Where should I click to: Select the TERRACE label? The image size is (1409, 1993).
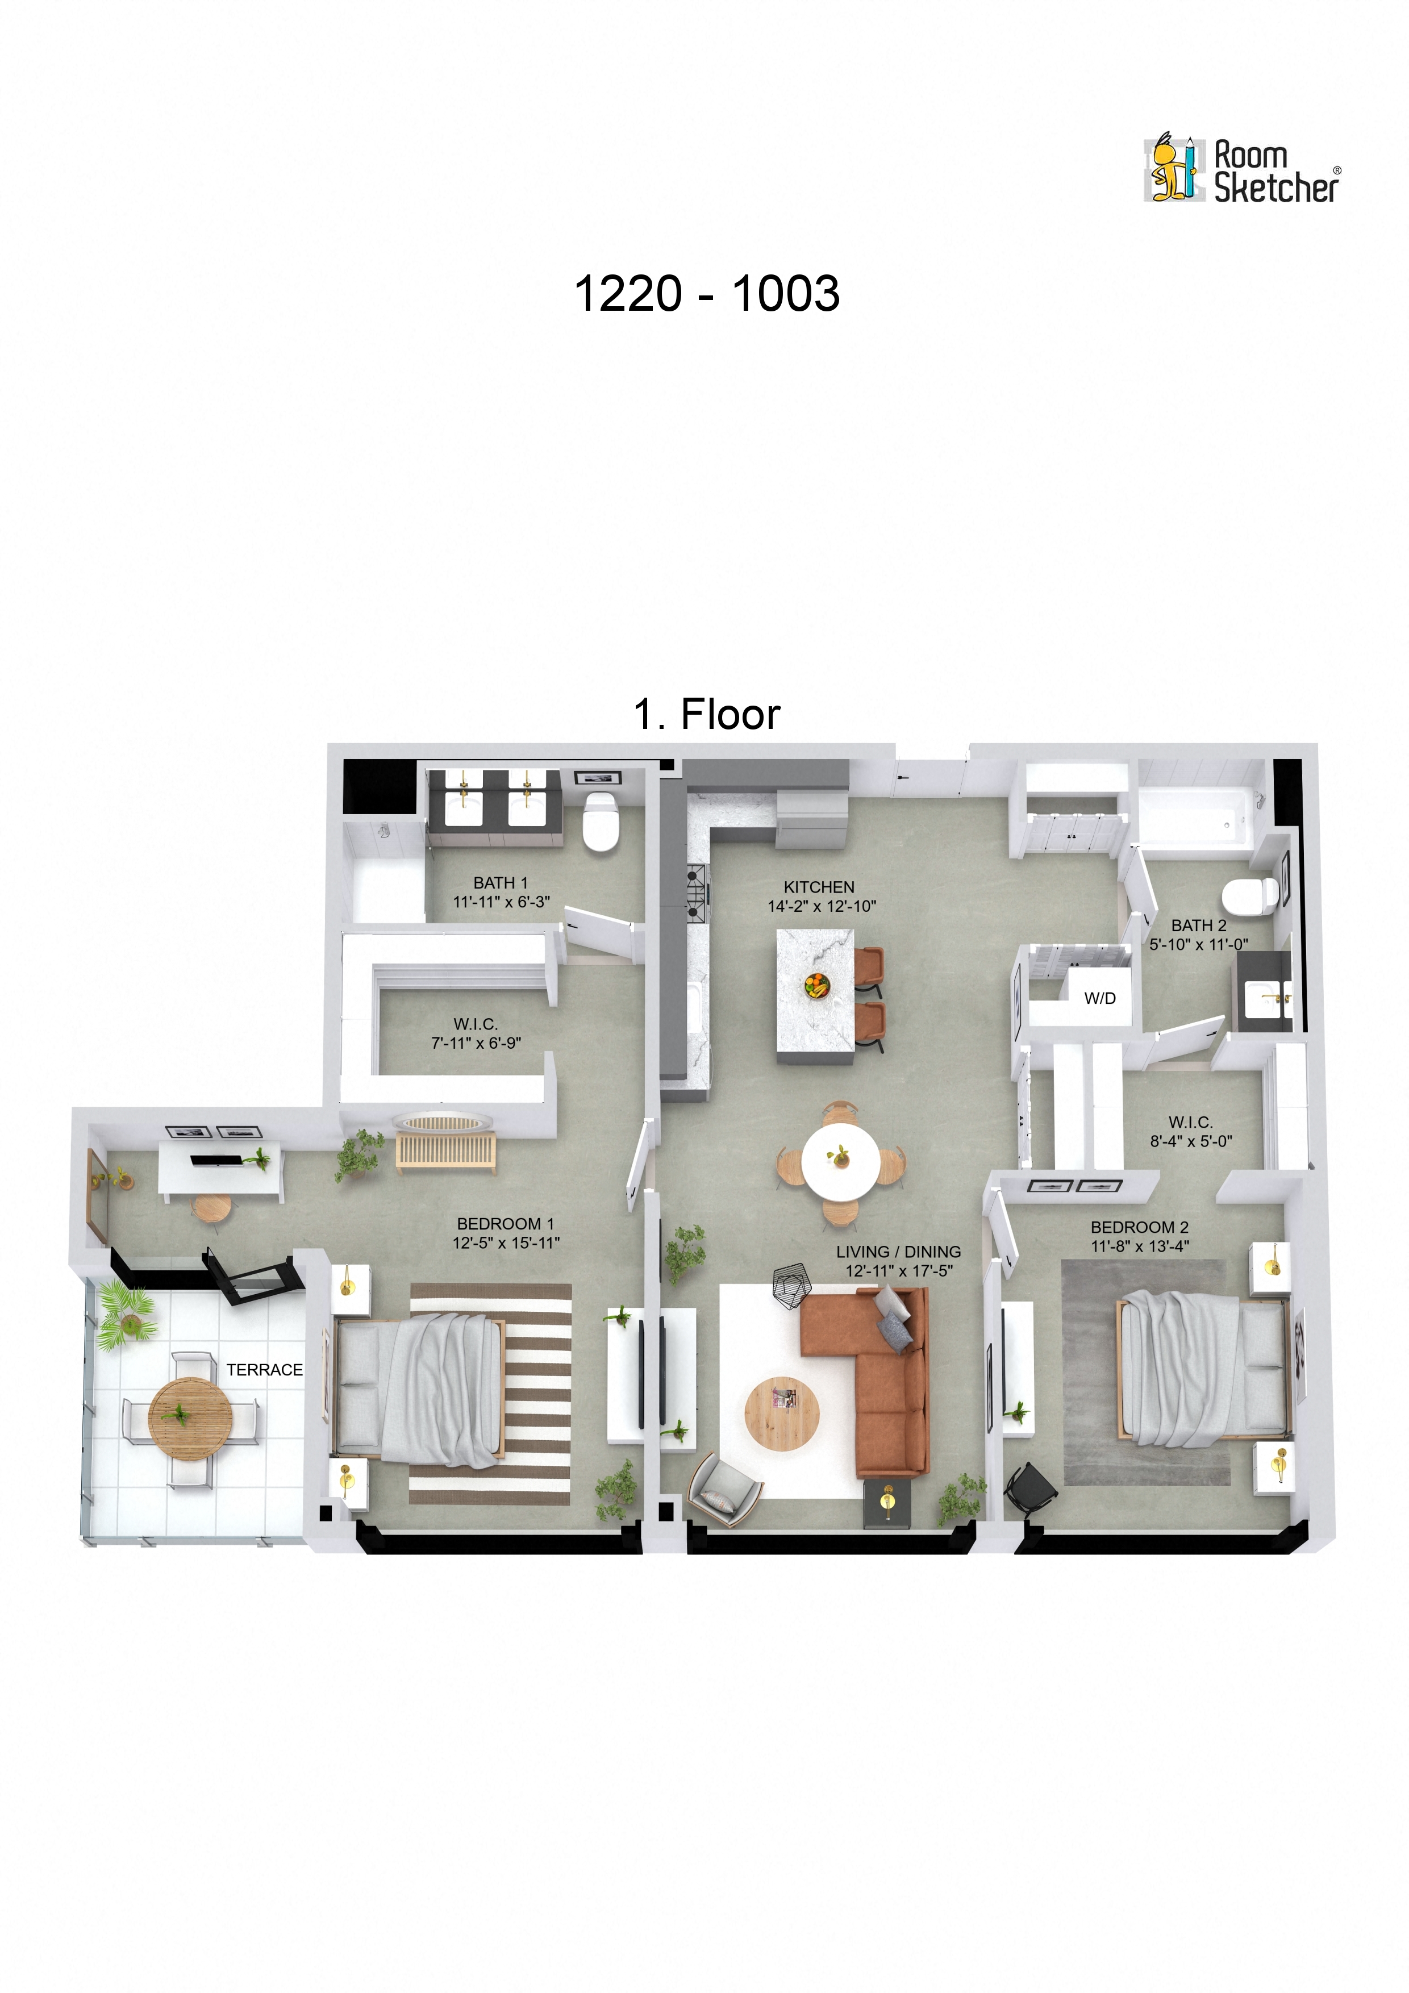coord(264,1370)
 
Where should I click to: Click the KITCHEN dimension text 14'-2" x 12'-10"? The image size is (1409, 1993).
coord(822,906)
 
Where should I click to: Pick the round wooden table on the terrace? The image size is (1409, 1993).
coord(190,1419)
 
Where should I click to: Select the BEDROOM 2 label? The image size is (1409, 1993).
coord(1139,1227)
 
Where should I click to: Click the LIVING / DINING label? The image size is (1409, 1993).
coord(899,1252)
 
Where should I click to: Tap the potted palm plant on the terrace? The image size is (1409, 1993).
coord(127,1316)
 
